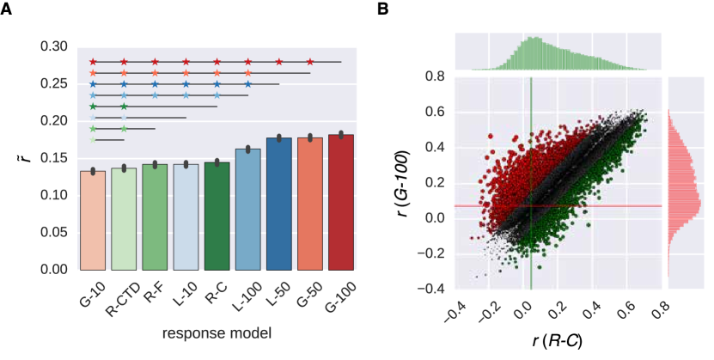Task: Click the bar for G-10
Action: coord(93,220)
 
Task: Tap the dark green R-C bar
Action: coord(217,216)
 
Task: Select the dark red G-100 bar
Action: coord(341,202)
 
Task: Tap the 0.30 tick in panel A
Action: coord(55,46)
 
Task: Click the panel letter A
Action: coord(8,8)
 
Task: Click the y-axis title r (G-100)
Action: coord(401,183)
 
